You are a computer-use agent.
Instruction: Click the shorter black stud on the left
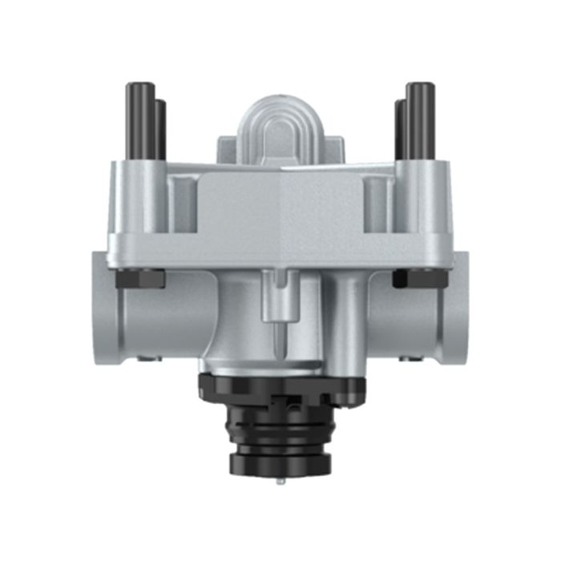(x=160, y=128)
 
